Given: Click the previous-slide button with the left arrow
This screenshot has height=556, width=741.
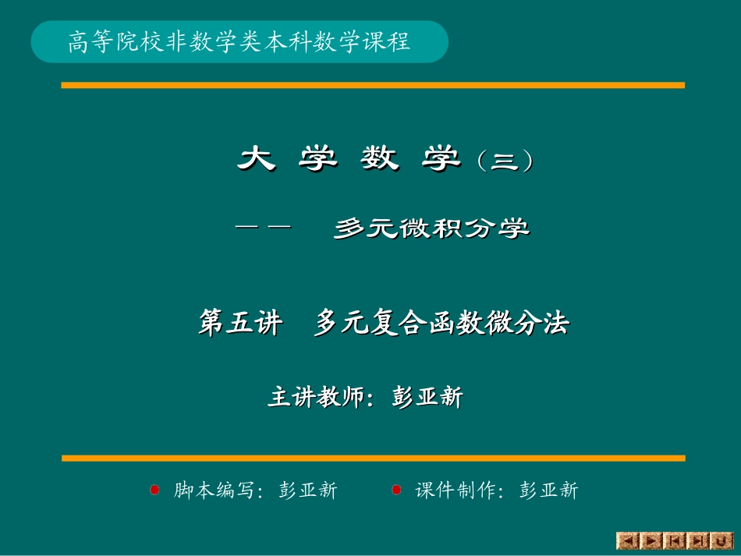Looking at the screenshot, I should coord(628,540).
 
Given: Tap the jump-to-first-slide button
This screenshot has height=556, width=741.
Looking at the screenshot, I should coord(675,540).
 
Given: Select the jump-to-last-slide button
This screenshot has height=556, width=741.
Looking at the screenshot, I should coord(699,540).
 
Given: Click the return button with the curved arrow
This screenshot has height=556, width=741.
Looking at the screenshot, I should coord(721,540).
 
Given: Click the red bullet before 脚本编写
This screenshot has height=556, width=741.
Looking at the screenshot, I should coord(154,490).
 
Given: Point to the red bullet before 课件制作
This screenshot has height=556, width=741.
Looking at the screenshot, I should coord(396,490).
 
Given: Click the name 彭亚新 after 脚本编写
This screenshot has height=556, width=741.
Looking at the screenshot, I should coord(307,490).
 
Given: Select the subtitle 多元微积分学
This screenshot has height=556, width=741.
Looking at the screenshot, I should coord(431,228).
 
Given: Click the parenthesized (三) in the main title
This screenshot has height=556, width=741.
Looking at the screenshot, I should coord(507,161).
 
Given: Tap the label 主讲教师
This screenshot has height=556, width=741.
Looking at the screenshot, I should coord(316,398).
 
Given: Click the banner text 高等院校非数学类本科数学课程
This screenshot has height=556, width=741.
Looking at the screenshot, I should coord(239,42).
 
